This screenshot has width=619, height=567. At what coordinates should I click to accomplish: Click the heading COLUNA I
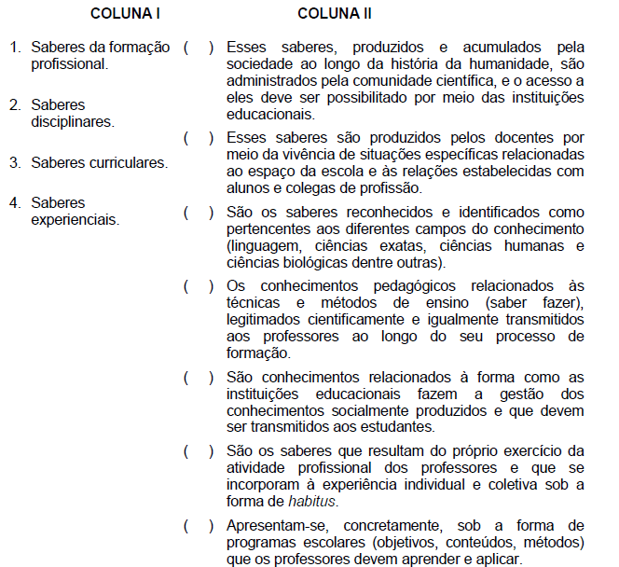pyautogui.click(x=126, y=14)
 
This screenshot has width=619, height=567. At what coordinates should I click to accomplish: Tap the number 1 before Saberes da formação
pyautogui.click(x=16, y=47)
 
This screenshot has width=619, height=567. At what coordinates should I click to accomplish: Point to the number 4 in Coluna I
pyautogui.click(x=16, y=202)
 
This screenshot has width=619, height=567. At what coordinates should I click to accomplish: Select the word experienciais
pyautogui.click(x=75, y=220)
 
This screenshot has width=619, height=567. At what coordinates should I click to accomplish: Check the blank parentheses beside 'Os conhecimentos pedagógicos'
pyautogui.click(x=199, y=286)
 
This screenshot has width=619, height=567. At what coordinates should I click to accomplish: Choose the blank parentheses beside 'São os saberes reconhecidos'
pyautogui.click(x=199, y=213)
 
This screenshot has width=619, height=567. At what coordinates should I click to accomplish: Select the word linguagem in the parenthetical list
pyautogui.click(x=263, y=246)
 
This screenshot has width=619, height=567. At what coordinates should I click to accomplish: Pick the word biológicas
pyautogui.click(x=320, y=264)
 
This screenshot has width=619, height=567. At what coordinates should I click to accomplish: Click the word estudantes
pyautogui.click(x=396, y=427)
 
